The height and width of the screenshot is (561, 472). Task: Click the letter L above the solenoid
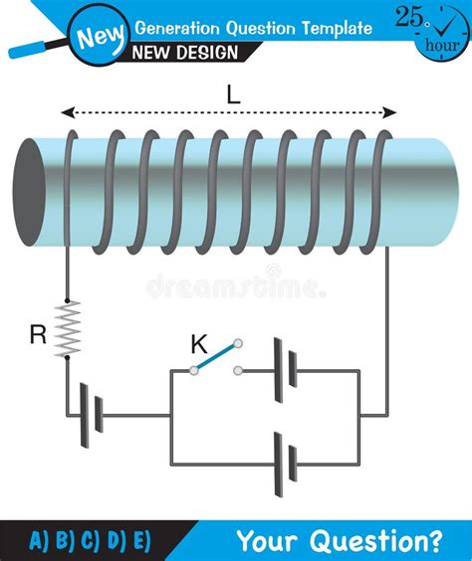233,94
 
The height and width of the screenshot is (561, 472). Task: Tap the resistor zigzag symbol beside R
68,329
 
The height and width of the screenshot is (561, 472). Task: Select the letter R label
38,335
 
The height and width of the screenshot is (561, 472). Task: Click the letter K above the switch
198,345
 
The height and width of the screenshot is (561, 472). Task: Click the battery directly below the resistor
92,409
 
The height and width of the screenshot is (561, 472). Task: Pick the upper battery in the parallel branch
283,370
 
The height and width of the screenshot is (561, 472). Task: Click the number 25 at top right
409,16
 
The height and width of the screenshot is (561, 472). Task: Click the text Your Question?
339,541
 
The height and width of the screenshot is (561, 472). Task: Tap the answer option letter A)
39,541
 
